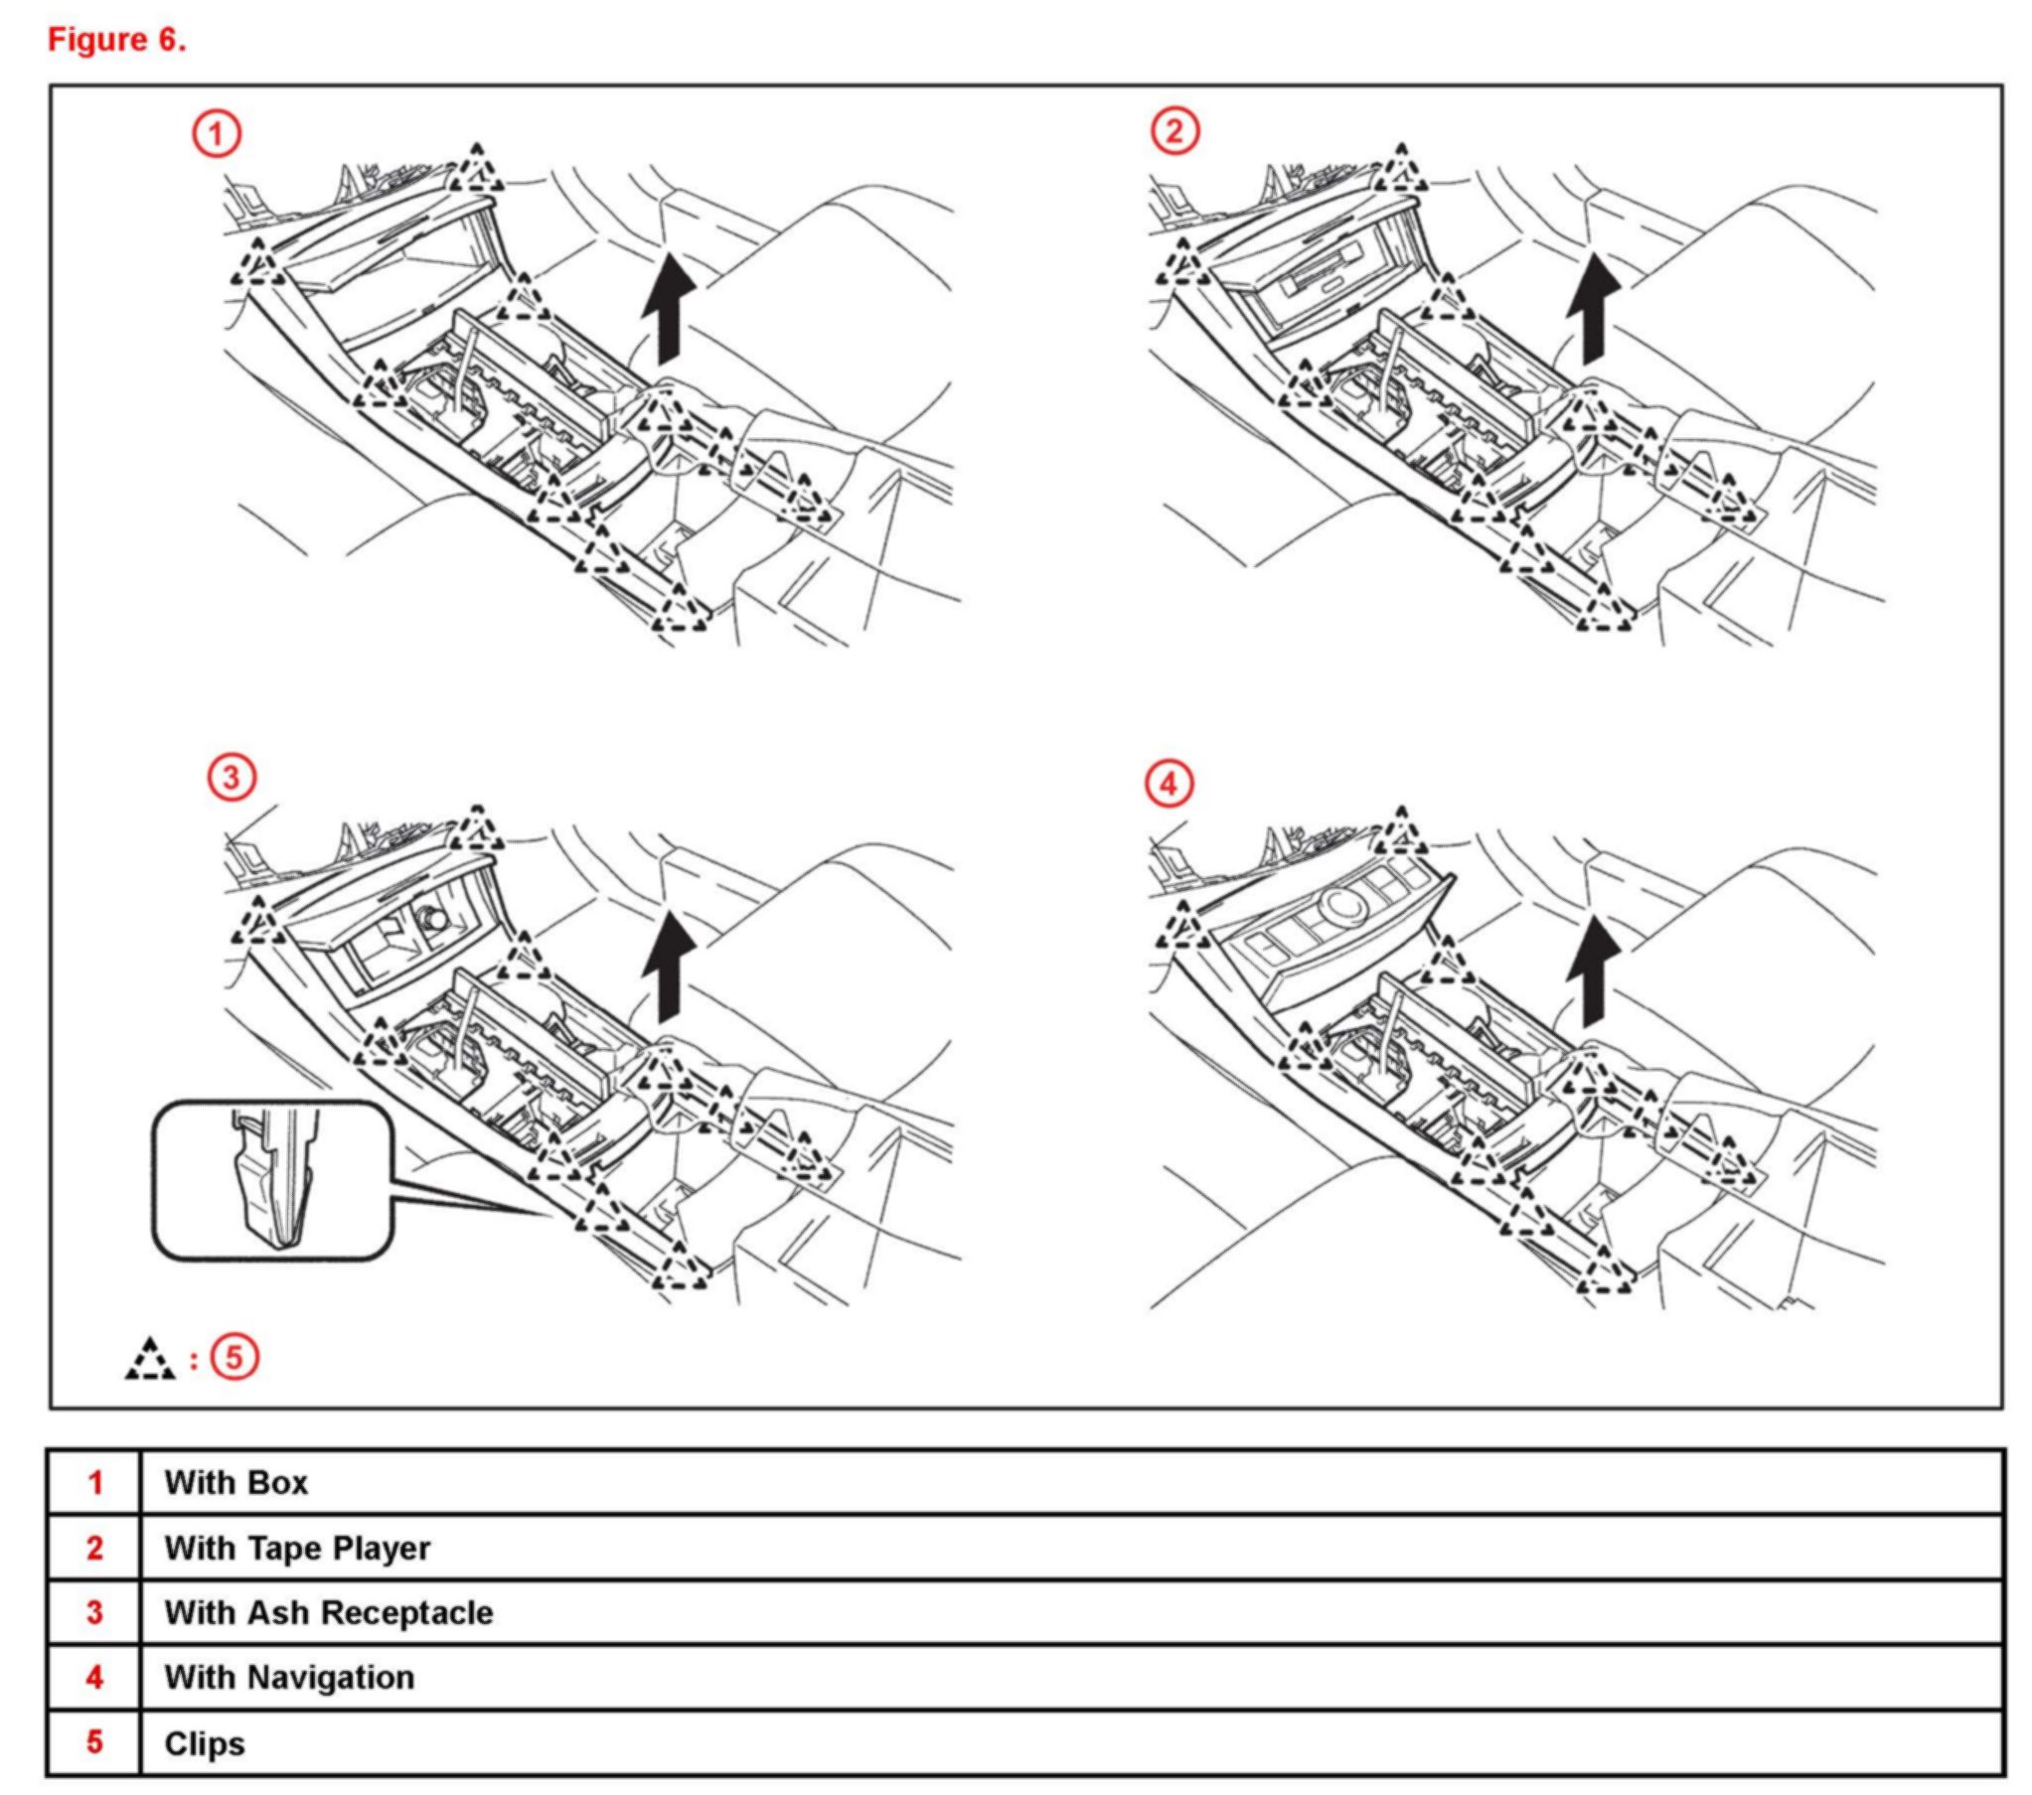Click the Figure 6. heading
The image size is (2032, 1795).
tap(117, 40)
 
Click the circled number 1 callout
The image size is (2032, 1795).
tap(217, 133)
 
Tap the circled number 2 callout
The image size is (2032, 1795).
tap(1174, 131)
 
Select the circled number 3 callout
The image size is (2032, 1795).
tap(232, 776)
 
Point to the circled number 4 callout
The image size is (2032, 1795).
tap(1170, 784)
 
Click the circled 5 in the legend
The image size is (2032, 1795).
tap(234, 1358)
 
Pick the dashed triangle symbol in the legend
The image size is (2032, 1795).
tap(150, 1360)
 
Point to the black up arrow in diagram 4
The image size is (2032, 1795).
tap(1593, 971)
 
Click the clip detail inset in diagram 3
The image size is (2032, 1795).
tap(272, 1179)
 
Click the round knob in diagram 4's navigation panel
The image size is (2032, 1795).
tap(1342, 905)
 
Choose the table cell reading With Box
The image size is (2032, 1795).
tap(236, 1483)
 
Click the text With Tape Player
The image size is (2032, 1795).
tap(297, 1548)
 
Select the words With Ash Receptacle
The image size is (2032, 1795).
tap(328, 1612)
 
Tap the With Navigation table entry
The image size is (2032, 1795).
tap(289, 1677)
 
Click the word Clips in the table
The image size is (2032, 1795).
tap(205, 1743)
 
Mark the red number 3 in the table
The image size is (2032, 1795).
tap(94, 1612)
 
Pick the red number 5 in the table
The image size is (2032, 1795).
tap(94, 1742)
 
